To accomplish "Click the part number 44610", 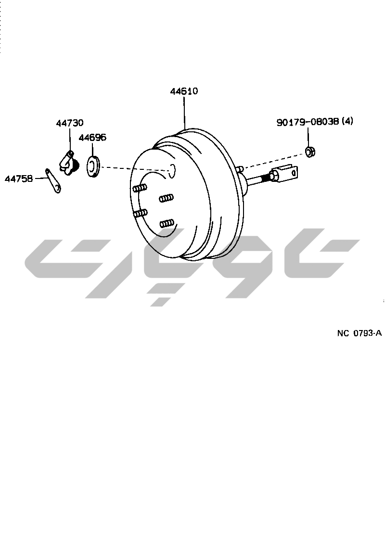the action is point(184,91).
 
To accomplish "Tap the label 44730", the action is point(70,123).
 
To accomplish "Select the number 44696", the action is point(92,137).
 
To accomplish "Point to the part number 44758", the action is point(19,178).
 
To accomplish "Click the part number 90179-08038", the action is point(308,122).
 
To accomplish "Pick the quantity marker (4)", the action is point(347,121).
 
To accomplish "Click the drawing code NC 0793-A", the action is point(359,333).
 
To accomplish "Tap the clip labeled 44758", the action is point(53,180).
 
